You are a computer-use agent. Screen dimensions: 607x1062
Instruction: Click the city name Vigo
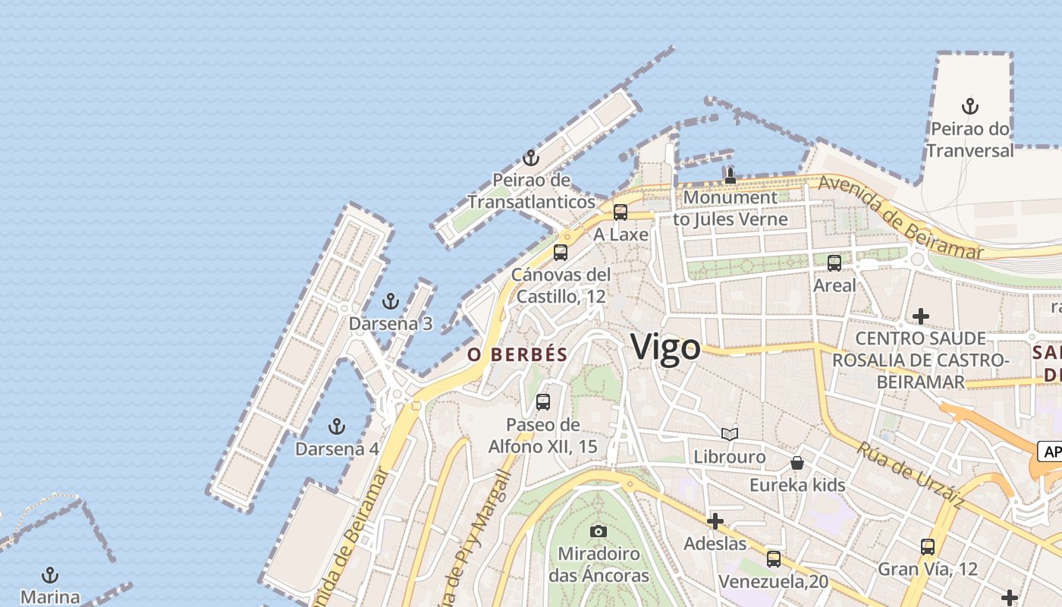coord(666,348)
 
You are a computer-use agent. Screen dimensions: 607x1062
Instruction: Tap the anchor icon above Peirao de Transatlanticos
coord(531,158)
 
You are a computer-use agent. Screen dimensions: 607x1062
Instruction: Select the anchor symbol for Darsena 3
coord(391,301)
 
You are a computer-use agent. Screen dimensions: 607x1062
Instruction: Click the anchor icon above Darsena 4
coord(337,426)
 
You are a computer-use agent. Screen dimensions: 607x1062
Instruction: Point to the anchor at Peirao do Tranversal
coord(969,106)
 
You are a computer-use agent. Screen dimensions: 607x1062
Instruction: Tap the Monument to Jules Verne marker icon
coord(730,176)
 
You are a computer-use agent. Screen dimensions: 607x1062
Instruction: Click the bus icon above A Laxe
coord(621,212)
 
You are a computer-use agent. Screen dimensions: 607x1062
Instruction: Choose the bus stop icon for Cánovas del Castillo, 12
coord(561,253)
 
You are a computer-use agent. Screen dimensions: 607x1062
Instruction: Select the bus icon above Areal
coord(834,263)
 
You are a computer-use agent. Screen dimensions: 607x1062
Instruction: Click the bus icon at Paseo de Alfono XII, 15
coord(543,402)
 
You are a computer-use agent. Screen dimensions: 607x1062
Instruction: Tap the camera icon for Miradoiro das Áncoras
coord(599,531)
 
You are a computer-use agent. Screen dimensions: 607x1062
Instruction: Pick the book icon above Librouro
coord(730,434)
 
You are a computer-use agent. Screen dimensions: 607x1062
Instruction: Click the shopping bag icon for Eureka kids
coord(797,462)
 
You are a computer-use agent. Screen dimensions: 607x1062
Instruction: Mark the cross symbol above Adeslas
coord(715,521)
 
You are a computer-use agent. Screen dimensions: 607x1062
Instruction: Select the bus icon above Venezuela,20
coord(774,559)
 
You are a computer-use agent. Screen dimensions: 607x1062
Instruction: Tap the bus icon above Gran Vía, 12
coord(928,546)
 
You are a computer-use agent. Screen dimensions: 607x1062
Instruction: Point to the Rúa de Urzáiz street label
coord(910,474)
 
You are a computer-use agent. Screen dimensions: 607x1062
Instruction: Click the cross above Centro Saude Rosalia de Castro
coord(921,316)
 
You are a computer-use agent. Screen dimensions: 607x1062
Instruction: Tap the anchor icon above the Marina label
coord(50,574)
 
